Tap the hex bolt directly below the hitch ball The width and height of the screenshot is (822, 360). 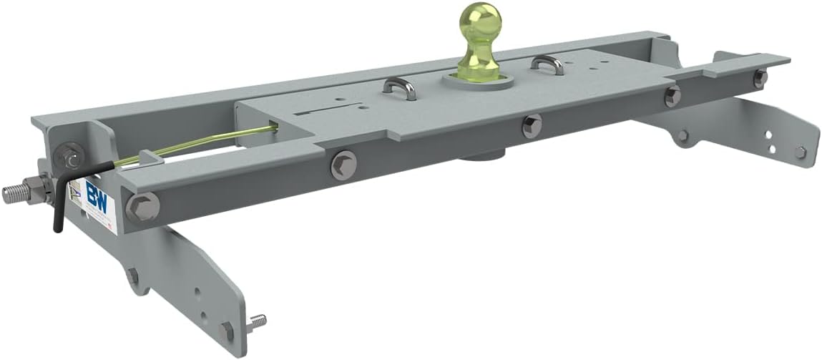pos(532,126)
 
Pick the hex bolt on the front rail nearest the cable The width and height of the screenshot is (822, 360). pos(341,167)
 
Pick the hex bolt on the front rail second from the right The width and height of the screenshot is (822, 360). pos(672,96)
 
